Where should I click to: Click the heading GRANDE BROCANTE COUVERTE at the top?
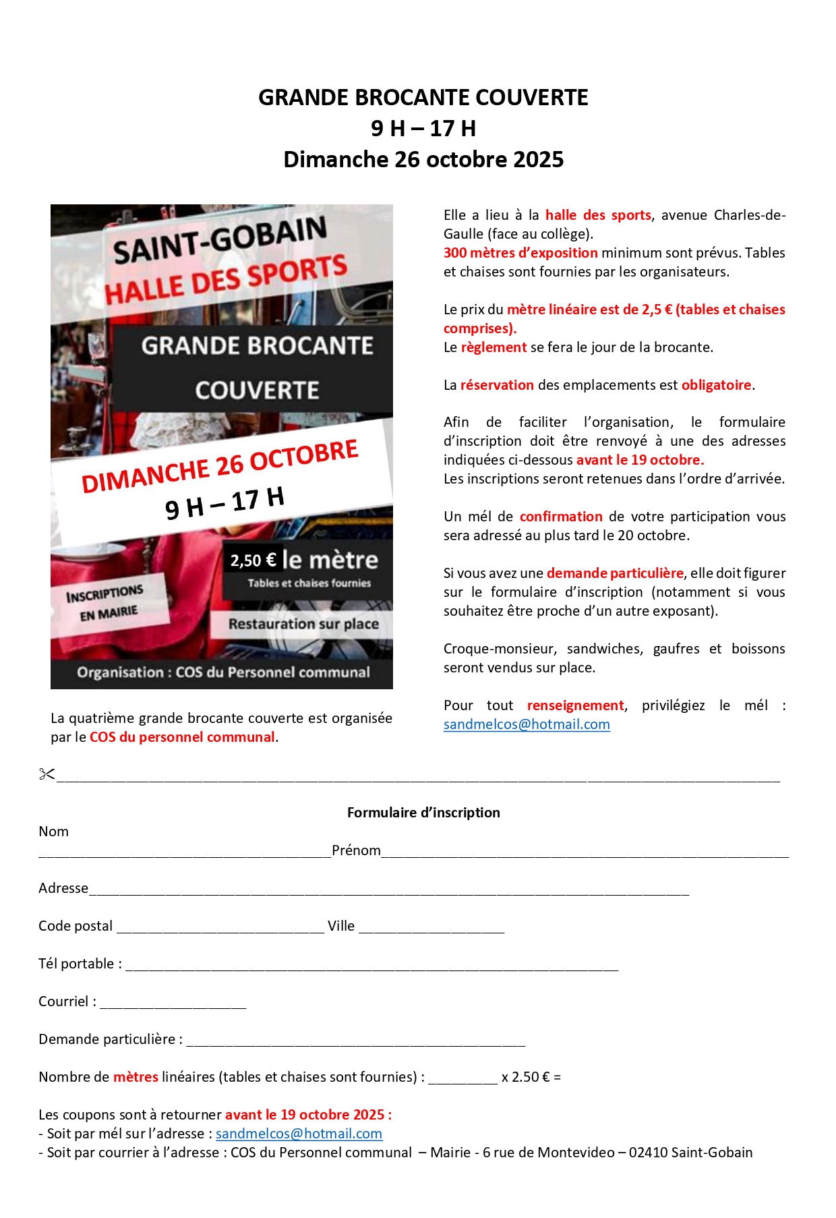[x=423, y=98]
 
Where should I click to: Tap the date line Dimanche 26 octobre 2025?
[x=423, y=160]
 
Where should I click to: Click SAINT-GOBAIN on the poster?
[x=220, y=240]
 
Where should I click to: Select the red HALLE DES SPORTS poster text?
[x=226, y=279]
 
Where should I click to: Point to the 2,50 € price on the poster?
[x=253, y=560]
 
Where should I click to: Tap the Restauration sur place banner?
[x=303, y=625]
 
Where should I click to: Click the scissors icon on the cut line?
[x=47, y=774]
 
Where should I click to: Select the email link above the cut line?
[x=527, y=724]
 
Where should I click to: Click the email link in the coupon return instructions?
[x=299, y=1134]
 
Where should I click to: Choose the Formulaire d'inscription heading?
[x=423, y=813]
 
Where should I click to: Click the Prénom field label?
[x=356, y=850]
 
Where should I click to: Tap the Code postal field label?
[x=76, y=926]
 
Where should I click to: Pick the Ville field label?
[x=341, y=926]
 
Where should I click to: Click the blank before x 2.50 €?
[x=462, y=1077]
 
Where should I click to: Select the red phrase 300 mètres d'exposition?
[x=520, y=253]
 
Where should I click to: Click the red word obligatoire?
[x=716, y=385]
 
